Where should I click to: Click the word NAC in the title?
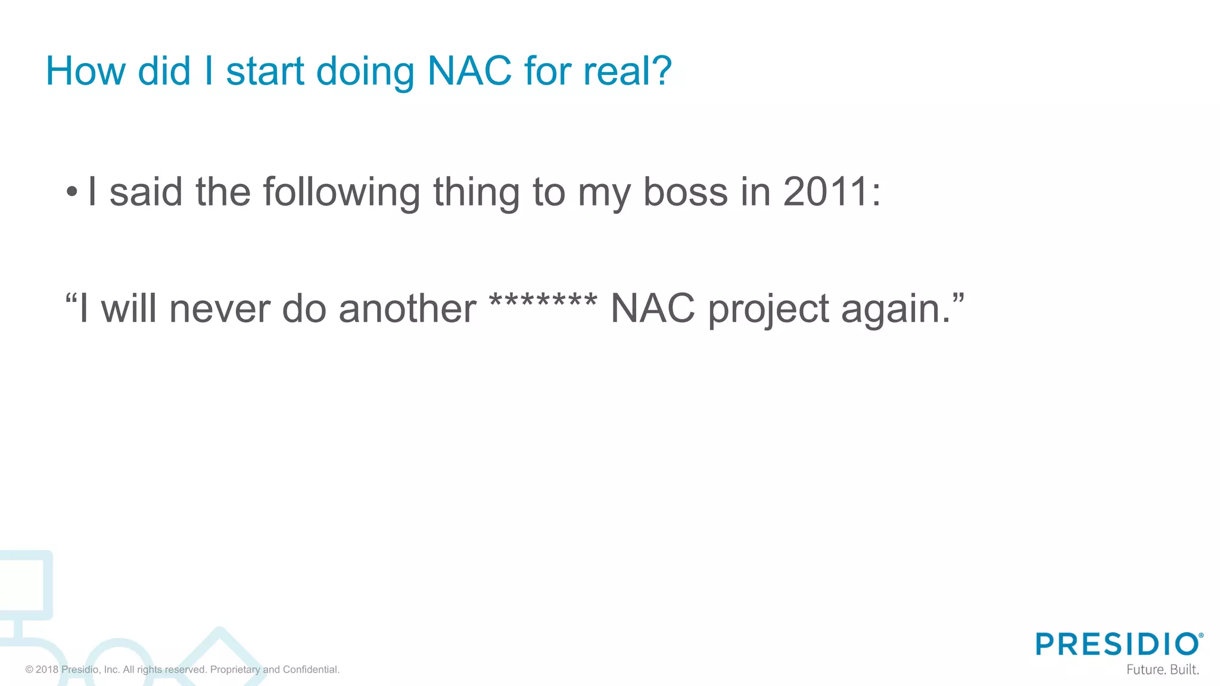point(469,71)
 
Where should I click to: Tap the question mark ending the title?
point(661,71)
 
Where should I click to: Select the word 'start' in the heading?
point(265,71)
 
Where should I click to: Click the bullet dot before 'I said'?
point(72,192)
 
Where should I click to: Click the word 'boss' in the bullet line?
point(686,192)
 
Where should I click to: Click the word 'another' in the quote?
point(407,309)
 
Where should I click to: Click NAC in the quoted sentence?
point(653,309)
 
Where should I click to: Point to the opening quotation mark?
point(71,298)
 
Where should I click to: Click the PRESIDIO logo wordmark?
point(1118,644)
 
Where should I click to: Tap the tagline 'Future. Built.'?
point(1162,669)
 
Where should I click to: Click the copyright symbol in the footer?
point(29,670)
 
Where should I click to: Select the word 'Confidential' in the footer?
point(310,670)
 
